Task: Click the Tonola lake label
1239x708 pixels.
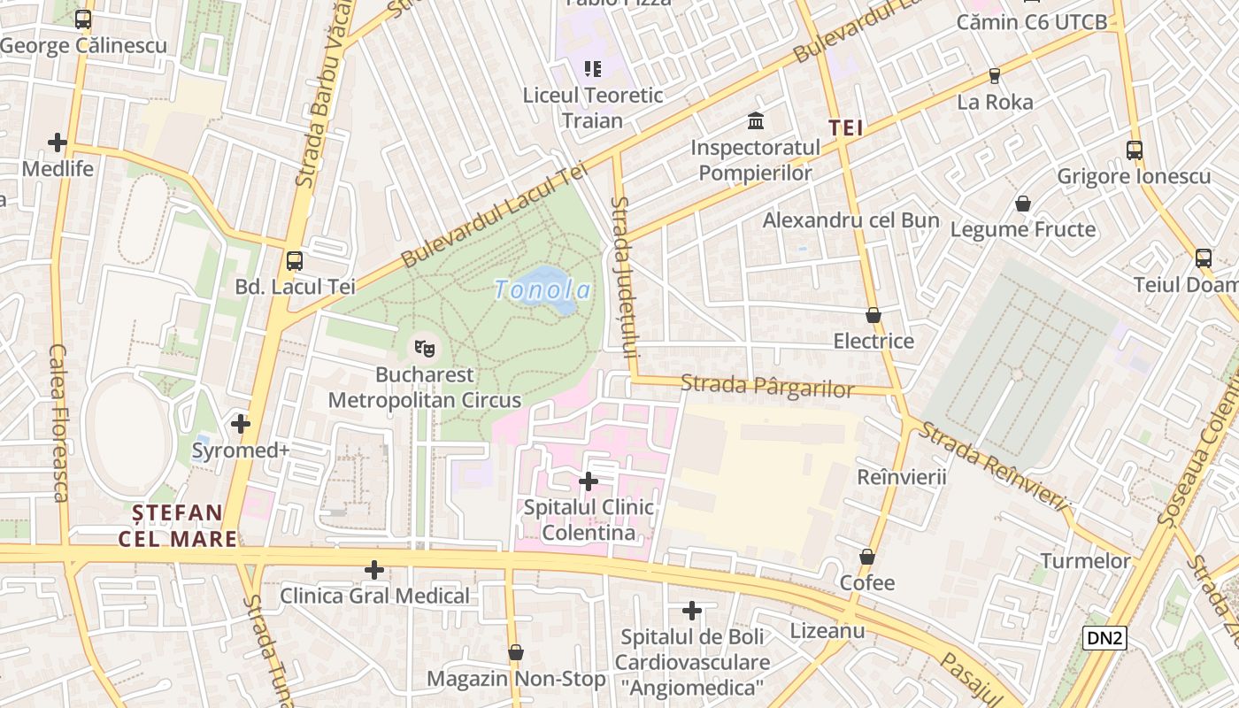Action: coord(543,289)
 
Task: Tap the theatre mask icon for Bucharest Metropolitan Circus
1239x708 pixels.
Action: coord(425,348)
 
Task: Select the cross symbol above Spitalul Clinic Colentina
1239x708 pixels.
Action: coord(588,481)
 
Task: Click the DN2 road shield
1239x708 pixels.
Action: coord(1104,637)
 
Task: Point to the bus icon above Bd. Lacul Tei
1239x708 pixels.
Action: coord(295,261)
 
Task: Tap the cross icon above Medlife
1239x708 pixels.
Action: coord(58,142)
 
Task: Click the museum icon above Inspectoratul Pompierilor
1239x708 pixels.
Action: coord(756,120)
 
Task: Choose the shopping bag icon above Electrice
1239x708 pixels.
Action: coord(873,315)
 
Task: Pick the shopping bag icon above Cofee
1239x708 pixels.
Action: coord(867,557)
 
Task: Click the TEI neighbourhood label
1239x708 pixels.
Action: coord(845,128)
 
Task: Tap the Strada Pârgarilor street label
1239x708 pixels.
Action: coord(767,386)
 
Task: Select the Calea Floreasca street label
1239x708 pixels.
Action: coord(59,423)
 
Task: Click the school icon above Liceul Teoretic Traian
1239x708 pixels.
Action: coord(593,69)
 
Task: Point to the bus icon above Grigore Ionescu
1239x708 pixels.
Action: coord(1135,150)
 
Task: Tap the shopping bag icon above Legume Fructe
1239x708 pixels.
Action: coord(1023,204)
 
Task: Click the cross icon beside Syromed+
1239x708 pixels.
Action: coord(241,424)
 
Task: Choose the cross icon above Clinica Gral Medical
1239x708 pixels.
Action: coord(375,570)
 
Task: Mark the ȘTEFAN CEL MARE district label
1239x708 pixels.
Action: coord(178,526)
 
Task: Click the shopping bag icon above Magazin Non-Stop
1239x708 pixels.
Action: coord(516,652)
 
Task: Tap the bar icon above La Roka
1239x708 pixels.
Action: coord(995,76)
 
